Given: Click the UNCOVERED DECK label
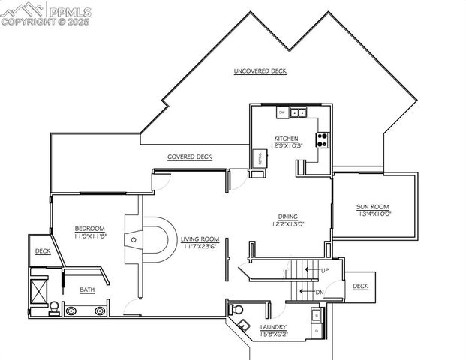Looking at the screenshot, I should point(260,71).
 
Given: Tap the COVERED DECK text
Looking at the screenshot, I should point(189,157).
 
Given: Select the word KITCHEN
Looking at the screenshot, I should point(286,139).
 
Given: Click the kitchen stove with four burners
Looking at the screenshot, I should point(323,139).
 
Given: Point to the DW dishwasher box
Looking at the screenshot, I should point(282,112).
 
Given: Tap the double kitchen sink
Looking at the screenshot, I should point(299,112).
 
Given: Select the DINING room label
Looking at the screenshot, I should point(288,216).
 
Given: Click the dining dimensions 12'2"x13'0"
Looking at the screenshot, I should point(288,224).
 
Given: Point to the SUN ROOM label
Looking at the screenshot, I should point(372,207).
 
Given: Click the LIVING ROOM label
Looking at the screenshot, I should point(200,239).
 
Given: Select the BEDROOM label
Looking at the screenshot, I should point(89,228).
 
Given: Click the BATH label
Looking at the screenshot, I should point(88,289).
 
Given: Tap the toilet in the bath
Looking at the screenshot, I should point(55,307).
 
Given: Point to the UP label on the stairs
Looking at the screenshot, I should point(324,269).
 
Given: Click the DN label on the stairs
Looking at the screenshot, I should point(320,292).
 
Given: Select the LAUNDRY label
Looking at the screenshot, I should point(272,327).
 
